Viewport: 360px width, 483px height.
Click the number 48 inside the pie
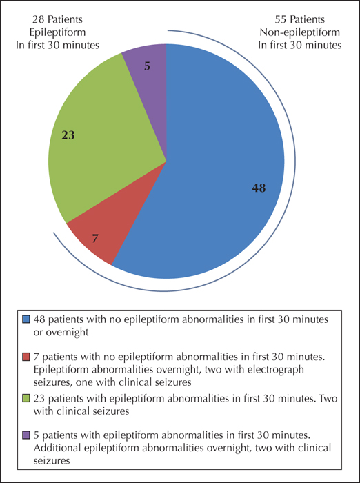tap(259, 188)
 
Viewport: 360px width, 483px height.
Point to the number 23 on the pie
tap(68, 135)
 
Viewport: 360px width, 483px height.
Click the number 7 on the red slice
tap(95, 238)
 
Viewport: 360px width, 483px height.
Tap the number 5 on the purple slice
tap(148, 66)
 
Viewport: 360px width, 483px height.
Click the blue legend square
tap(26, 319)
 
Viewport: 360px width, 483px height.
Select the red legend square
tap(26, 357)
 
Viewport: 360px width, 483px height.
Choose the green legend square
tap(26, 399)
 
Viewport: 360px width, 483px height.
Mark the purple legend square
tap(26, 435)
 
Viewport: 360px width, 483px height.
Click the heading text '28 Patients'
tap(58, 19)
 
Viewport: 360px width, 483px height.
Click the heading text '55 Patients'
tap(299, 19)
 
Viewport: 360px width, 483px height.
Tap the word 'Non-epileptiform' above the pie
tap(299, 32)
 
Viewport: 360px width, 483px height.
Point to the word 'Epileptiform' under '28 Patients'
tap(58, 32)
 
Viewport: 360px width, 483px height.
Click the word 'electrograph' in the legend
tap(274, 370)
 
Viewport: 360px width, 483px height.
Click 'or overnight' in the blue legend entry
tap(61, 333)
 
